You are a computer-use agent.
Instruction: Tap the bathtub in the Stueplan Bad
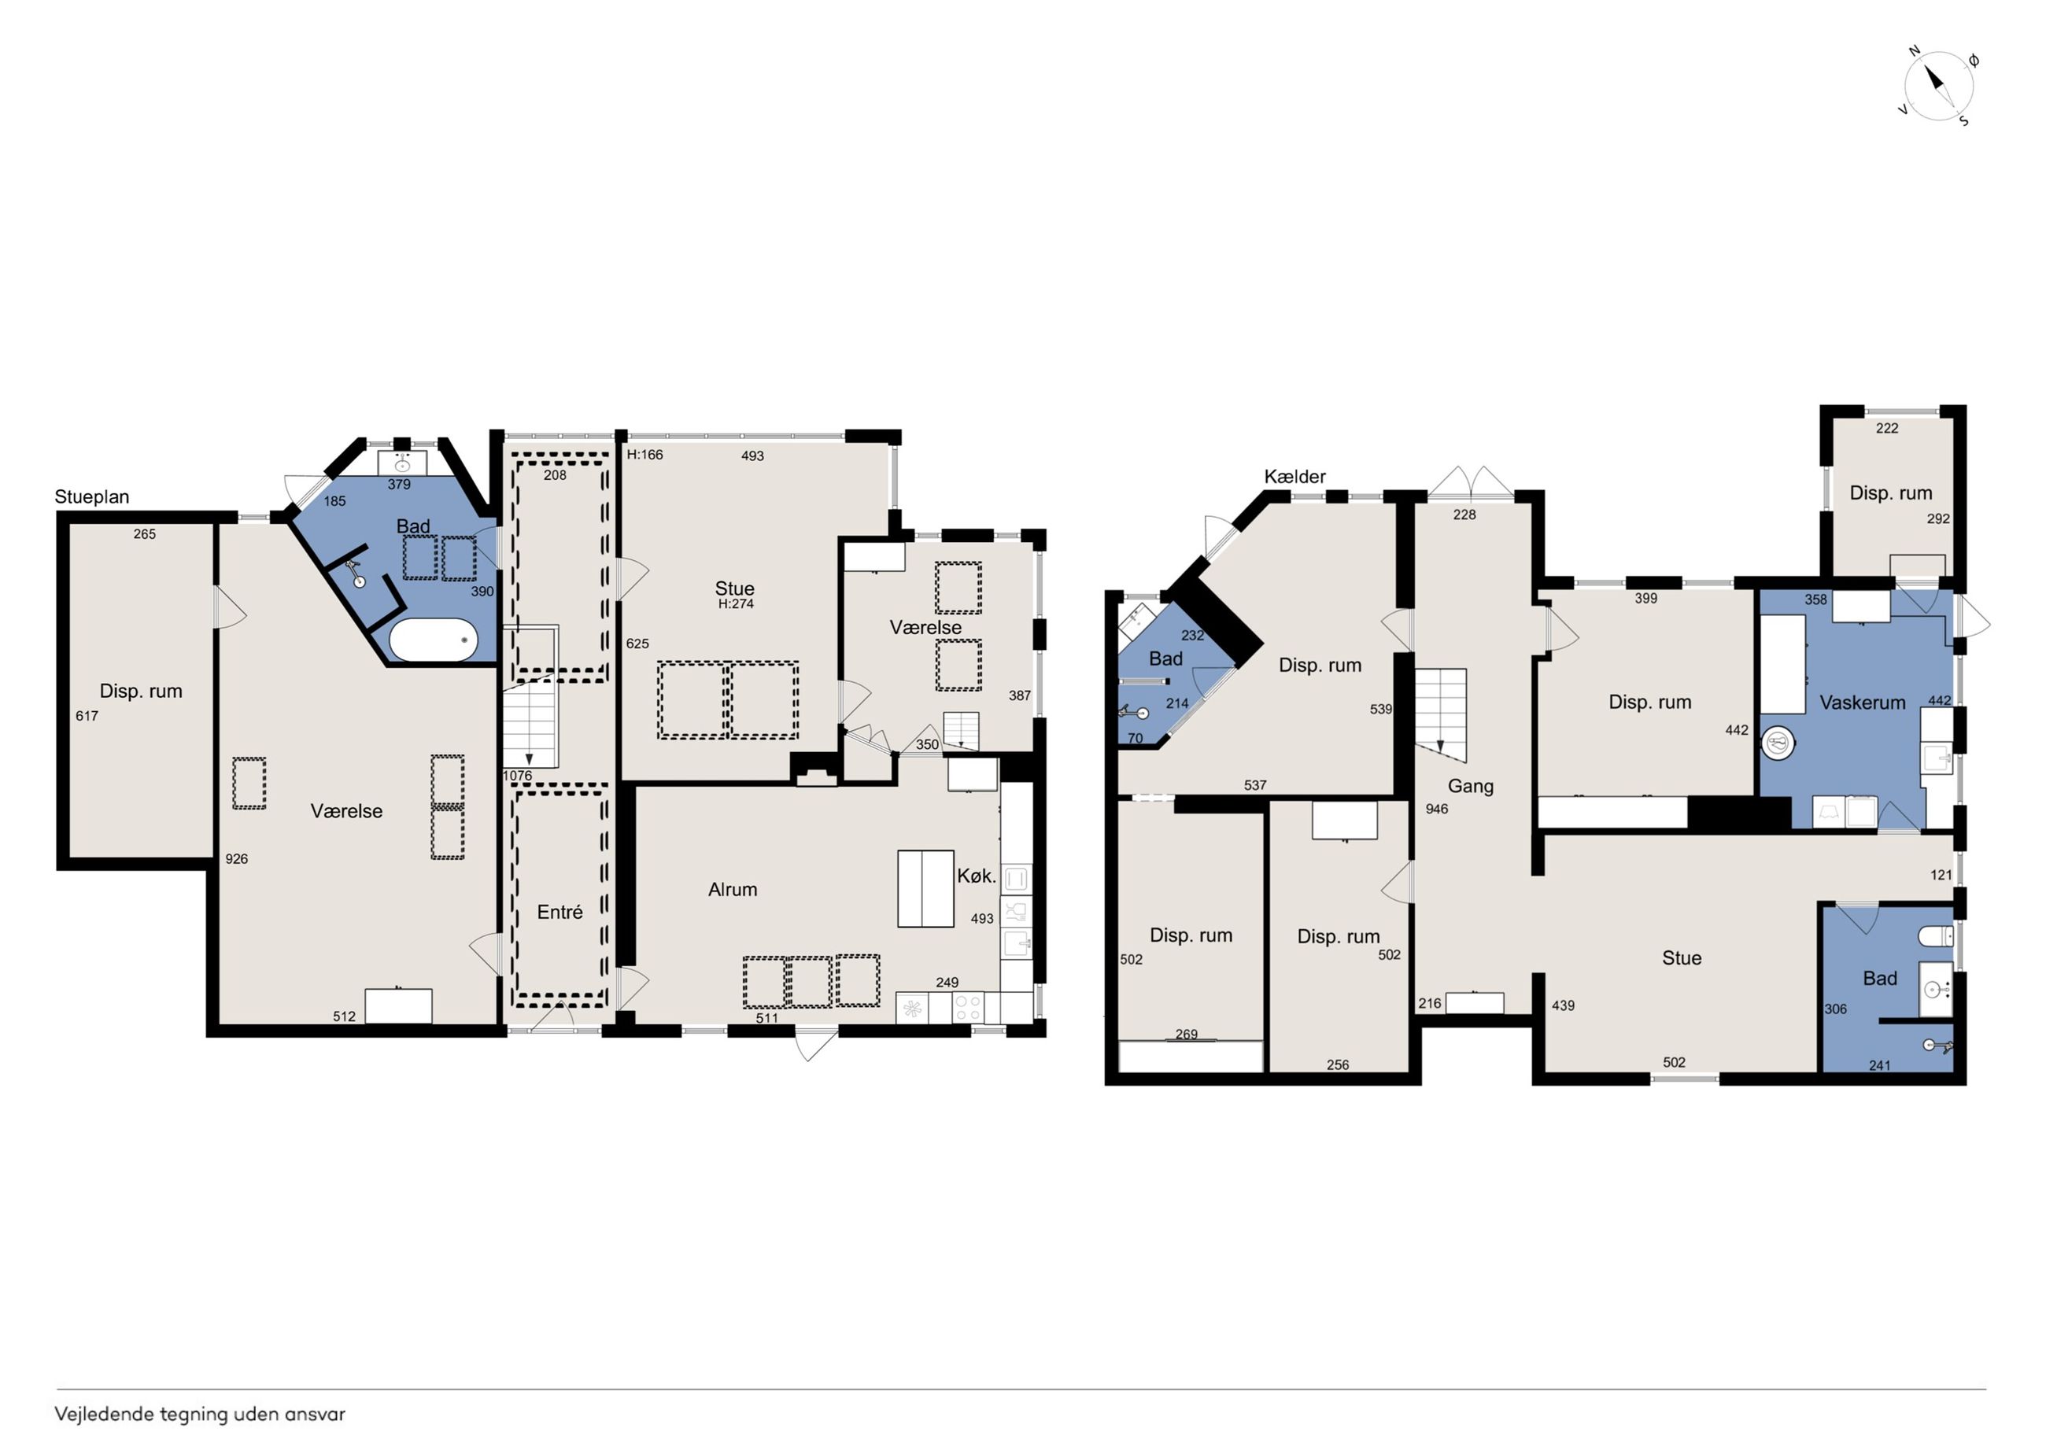(434, 640)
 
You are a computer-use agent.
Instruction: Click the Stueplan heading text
(92, 497)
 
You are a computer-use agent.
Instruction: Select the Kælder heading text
(1294, 477)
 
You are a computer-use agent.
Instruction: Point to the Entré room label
(560, 912)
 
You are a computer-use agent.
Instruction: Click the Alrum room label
(733, 889)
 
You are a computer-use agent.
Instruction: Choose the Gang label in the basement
(1470, 786)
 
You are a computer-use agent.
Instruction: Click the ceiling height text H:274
(736, 604)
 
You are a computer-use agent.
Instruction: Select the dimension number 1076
(518, 776)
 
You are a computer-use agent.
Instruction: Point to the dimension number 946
(1436, 809)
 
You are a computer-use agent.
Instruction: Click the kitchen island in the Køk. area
(926, 888)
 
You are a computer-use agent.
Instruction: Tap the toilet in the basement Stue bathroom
(1936, 935)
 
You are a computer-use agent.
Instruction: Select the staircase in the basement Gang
(1441, 715)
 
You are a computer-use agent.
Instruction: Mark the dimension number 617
(87, 715)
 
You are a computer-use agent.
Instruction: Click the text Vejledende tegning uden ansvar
(200, 1414)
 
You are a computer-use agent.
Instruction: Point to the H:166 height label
(645, 455)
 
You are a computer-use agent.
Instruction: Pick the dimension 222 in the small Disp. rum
(1886, 428)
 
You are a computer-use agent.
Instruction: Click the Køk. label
(977, 876)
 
